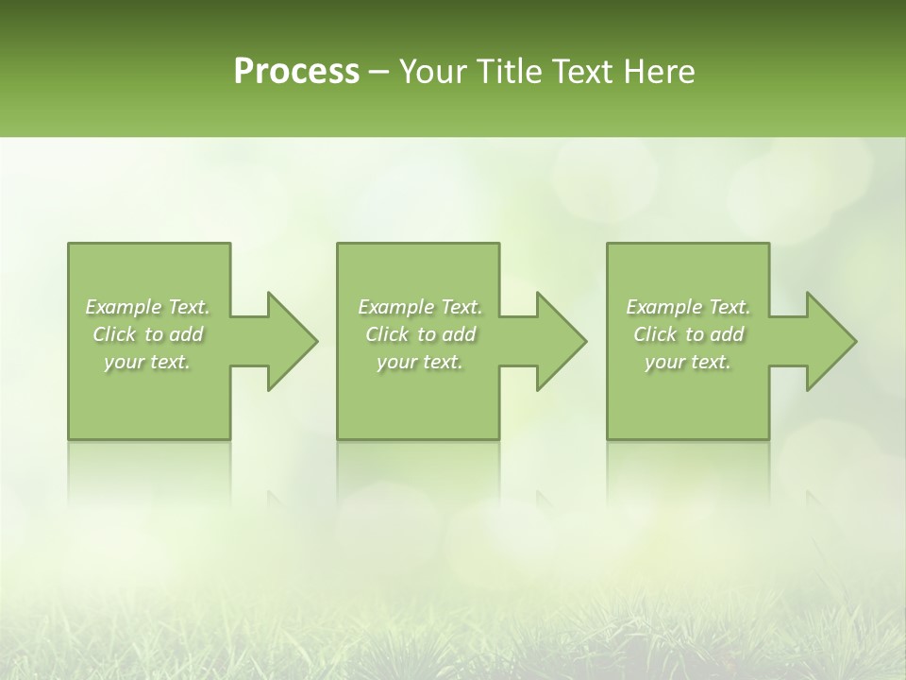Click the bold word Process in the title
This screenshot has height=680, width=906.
296,72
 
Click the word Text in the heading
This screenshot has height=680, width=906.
586,72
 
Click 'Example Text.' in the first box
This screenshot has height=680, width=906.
148,307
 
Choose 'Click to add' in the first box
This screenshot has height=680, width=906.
148,334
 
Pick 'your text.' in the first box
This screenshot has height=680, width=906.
148,362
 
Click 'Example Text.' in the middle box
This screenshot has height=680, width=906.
419,307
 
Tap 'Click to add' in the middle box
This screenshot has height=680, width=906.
419,334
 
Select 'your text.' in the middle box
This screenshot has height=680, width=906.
419,362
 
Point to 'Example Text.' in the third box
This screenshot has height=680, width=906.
688,307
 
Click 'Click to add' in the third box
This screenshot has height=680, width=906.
688,334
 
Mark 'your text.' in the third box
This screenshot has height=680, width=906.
688,362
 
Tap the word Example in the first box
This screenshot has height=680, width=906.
124,307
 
